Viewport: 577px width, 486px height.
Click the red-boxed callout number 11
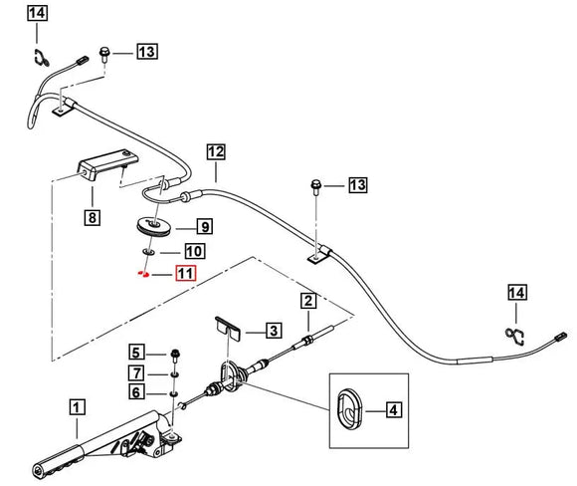186,274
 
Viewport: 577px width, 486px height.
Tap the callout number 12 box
216,151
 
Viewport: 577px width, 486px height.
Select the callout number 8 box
92,217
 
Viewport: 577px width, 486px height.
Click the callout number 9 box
205,226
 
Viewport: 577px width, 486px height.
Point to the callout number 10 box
195,251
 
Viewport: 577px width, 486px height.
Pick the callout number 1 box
77,407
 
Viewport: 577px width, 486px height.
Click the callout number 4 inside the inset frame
393,409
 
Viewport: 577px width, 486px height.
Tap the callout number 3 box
274,330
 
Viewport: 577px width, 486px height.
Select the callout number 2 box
308,301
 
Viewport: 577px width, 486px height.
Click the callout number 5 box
136,352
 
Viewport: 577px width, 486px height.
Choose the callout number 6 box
136,392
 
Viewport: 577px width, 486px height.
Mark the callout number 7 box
136,372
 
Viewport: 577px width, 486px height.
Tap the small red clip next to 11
143,274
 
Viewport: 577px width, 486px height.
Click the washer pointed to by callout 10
148,252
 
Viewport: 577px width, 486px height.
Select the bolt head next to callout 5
175,355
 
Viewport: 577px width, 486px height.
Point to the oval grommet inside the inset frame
349,408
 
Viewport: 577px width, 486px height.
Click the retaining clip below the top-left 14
40,58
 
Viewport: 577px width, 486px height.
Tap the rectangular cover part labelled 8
107,164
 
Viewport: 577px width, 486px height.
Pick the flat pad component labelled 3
228,328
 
